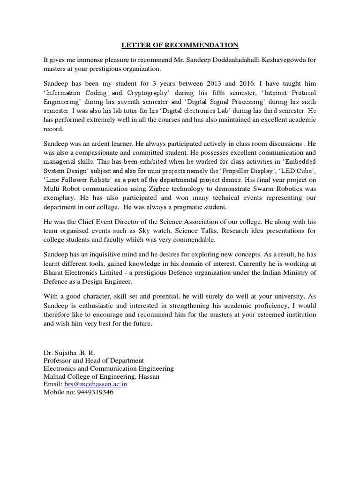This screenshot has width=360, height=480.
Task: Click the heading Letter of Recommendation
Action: (x=180, y=45)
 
